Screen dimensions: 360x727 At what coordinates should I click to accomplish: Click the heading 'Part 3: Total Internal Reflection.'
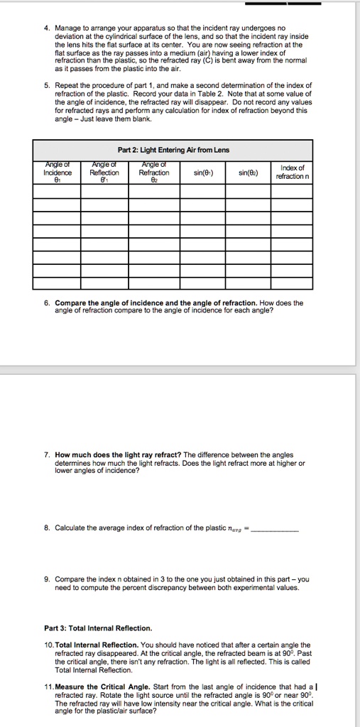98,628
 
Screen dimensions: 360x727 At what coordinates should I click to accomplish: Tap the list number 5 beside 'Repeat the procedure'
46,84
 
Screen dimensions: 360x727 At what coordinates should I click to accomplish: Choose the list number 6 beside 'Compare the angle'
46,302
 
